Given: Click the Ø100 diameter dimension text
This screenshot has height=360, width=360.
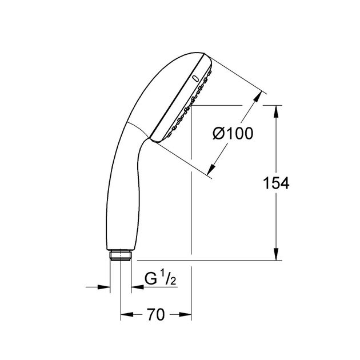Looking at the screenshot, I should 233,134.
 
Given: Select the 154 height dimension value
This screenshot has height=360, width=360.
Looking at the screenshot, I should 275,183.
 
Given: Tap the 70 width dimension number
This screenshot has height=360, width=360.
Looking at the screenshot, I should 155,314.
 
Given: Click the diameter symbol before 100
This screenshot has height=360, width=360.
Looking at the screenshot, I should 219,134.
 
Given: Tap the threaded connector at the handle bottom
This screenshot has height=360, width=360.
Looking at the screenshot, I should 120,255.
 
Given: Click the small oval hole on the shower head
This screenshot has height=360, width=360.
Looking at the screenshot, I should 195,77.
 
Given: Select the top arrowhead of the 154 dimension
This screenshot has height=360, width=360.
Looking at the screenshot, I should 277,110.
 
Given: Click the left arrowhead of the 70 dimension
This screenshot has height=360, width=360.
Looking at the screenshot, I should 126,314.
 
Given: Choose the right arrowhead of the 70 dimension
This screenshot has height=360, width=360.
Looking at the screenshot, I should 185,314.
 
